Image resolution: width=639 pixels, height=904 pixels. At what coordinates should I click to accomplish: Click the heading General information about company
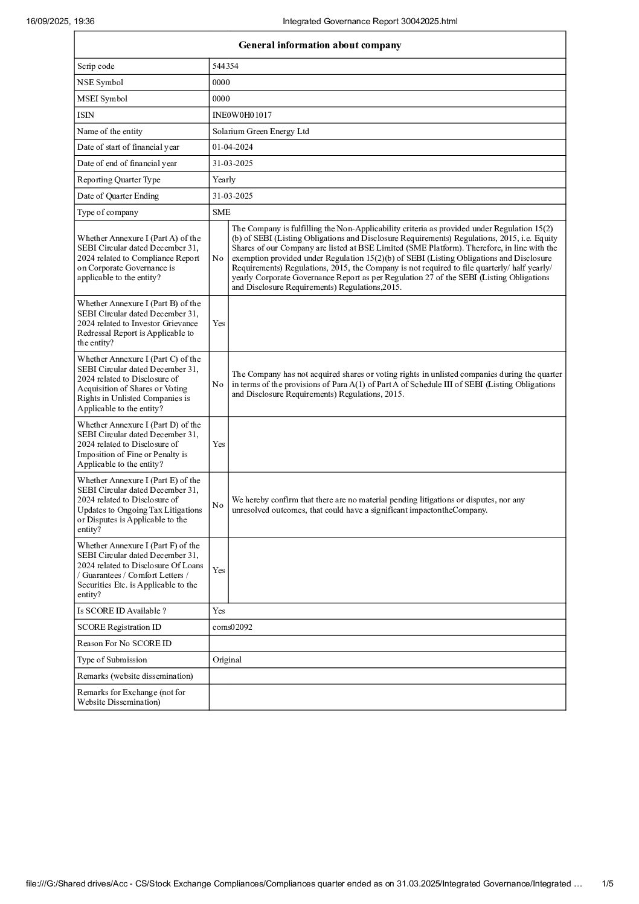click(x=319, y=45)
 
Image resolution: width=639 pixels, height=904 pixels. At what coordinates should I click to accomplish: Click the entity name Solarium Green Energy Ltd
click(x=261, y=131)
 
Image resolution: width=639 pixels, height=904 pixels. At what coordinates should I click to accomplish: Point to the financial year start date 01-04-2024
click(x=233, y=147)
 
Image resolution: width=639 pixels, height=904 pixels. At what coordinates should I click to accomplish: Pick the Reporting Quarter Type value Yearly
click(x=224, y=180)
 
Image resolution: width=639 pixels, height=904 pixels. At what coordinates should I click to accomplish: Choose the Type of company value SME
click(x=221, y=213)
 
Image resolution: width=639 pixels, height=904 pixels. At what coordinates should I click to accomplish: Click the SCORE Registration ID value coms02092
click(x=233, y=627)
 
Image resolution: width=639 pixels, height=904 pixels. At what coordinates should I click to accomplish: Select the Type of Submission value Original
click(x=227, y=660)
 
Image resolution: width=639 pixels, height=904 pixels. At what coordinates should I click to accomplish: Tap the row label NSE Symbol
click(x=100, y=83)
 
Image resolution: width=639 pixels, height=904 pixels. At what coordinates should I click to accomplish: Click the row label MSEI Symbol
click(x=102, y=99)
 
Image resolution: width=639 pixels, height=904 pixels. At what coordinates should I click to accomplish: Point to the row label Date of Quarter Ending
click(x=118, y=196)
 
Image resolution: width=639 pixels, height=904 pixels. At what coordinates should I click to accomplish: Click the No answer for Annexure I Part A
click(x=218, y=258)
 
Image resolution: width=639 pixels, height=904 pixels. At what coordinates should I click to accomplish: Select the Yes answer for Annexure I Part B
click(x=219, y=324)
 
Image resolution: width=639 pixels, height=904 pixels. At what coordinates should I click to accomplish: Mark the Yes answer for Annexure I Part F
click(x=219, y=571)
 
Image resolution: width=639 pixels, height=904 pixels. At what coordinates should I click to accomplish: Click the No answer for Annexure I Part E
click(x=218, y=505)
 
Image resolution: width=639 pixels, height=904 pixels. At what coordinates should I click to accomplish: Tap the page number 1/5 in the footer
click(x=608, y=884)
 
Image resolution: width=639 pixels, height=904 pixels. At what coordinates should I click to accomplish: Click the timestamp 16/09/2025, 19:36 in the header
click(x=60, y=22)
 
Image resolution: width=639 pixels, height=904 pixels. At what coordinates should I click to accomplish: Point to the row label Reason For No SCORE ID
click(x=124, y=644)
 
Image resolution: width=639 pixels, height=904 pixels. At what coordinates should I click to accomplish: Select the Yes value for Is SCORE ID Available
click(x=219, y=611)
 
